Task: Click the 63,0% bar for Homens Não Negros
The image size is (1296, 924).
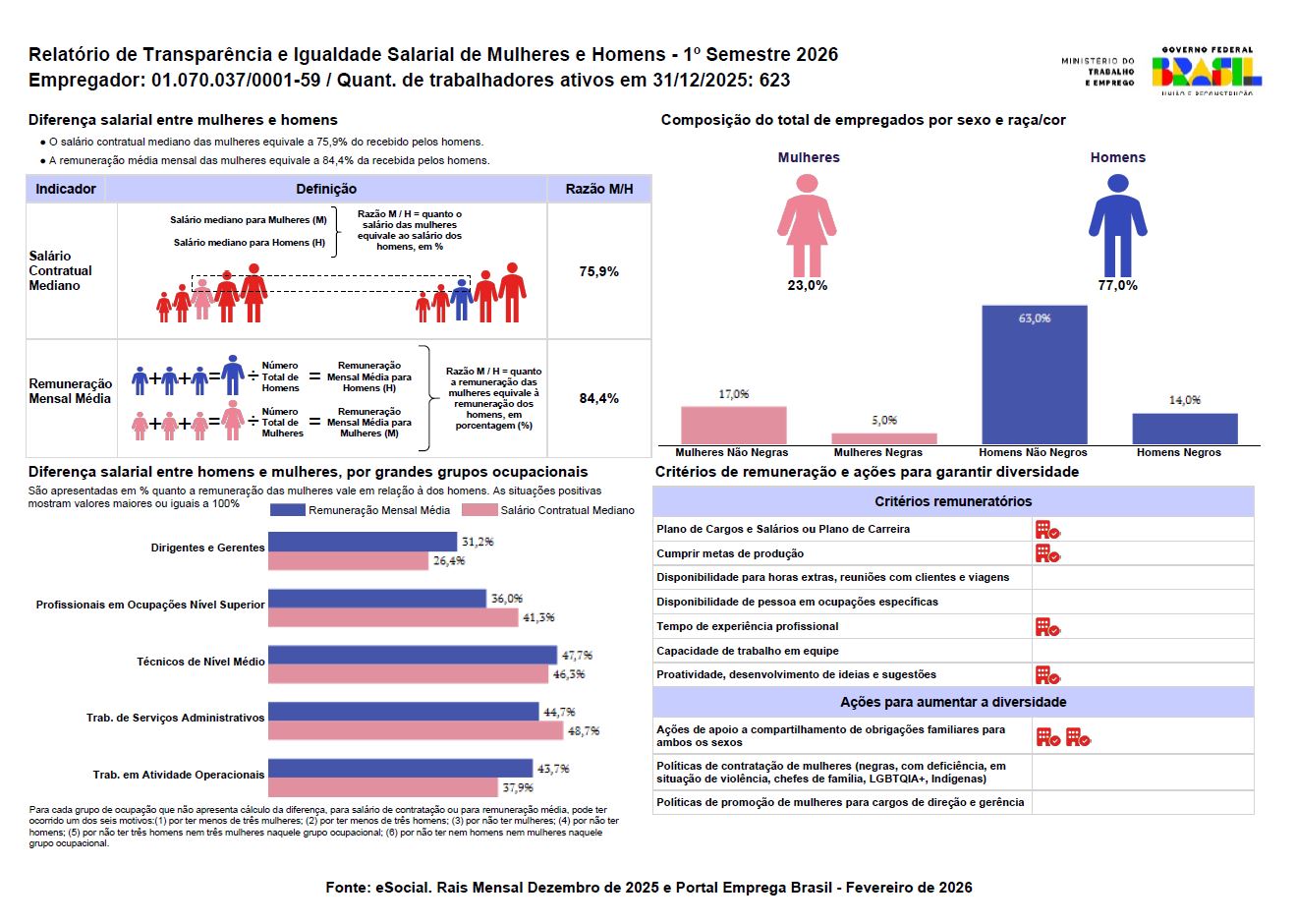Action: [1034, 375]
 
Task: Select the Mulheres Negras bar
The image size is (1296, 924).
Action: [883, 438]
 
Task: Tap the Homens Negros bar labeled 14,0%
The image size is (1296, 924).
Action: [1184, 429]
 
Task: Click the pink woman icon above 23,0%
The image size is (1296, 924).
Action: [807, 225]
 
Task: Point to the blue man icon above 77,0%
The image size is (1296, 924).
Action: [1117, 225]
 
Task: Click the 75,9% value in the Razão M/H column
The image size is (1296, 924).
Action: [598, 271]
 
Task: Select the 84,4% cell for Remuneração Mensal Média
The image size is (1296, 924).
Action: [598, 398]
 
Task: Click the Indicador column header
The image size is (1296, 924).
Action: [66, 189]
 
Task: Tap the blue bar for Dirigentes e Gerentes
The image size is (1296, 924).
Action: [363, 542]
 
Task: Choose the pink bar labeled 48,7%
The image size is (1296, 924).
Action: [416, 730]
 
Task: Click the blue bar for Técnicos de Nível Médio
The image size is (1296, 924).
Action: [412, 655]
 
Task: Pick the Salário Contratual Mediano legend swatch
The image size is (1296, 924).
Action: [479, 510]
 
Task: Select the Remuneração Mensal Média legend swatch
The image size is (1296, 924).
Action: [287, 510]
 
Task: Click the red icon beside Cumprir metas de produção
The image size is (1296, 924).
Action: [1046, 553]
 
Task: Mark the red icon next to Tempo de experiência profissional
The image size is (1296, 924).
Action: [1046, 626]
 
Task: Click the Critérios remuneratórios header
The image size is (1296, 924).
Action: [952, 501]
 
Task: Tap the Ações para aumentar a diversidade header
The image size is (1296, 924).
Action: [952, 702]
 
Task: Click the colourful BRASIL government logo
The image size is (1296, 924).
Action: [1207, 72]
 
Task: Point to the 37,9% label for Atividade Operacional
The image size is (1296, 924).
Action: [518, 787]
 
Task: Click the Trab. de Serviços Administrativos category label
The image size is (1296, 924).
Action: [175, 718]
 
